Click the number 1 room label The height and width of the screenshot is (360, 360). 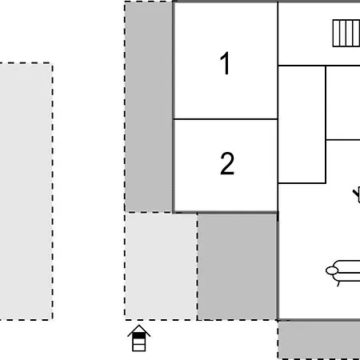tap(226, 63)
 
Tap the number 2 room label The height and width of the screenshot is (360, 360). tap(227, 163)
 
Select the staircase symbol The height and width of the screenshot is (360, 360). tap(346, 34)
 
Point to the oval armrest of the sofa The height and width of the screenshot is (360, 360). tap(332, 270)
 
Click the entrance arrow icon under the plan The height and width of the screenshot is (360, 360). tap(139, 338)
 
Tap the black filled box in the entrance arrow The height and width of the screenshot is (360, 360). tap(139, 335)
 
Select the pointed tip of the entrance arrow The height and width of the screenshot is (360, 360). tap(139, 325)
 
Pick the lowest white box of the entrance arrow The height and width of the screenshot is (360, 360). tap(139, 347)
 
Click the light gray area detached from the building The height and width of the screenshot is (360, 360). tap(26, 191)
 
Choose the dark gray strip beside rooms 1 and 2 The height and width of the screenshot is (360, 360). tap(149, 106)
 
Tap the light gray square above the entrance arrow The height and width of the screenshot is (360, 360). tap(161, 266)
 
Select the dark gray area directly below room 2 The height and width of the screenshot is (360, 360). tap(238, 266)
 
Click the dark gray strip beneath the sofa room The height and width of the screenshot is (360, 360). tap(319, 340)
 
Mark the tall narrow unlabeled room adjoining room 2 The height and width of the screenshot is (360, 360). tap(302, 125)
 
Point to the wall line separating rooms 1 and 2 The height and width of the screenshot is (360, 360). tap(226, 119)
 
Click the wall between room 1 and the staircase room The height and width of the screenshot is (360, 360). tap(278, 34)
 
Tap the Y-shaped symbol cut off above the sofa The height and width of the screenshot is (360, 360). tap(357, 195)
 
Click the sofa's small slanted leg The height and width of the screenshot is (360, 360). tap(338, 283)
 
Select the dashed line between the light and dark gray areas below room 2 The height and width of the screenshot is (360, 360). tap(198, 266)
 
